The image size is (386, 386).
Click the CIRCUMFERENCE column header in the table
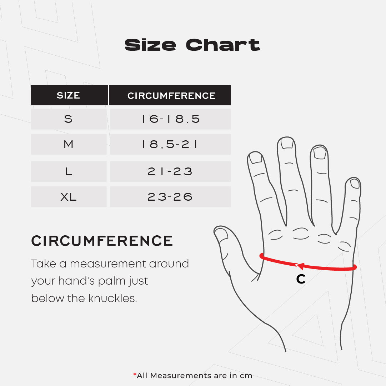[170, 95]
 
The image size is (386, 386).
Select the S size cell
[69, 119]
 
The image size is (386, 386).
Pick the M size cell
[69, 144]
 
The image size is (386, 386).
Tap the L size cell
[69, 172]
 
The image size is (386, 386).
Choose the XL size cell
[69, 197]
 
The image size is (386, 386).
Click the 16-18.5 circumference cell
[170, 119]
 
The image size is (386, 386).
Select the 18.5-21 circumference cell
[170, 144]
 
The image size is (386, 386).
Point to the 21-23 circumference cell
[170, 172]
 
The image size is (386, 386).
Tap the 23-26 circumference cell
[170, 197]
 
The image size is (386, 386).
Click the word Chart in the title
[223, 45]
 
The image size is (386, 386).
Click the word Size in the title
[150, 45]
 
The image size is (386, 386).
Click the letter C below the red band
[301, 279]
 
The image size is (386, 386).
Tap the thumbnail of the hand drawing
[221, 234]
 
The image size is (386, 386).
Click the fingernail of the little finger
[355, 184]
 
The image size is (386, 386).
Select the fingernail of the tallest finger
[287, 143]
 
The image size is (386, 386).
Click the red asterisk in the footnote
[135, 375]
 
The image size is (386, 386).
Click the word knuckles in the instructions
[112, 299]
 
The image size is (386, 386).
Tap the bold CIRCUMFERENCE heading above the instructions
[102, 241]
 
